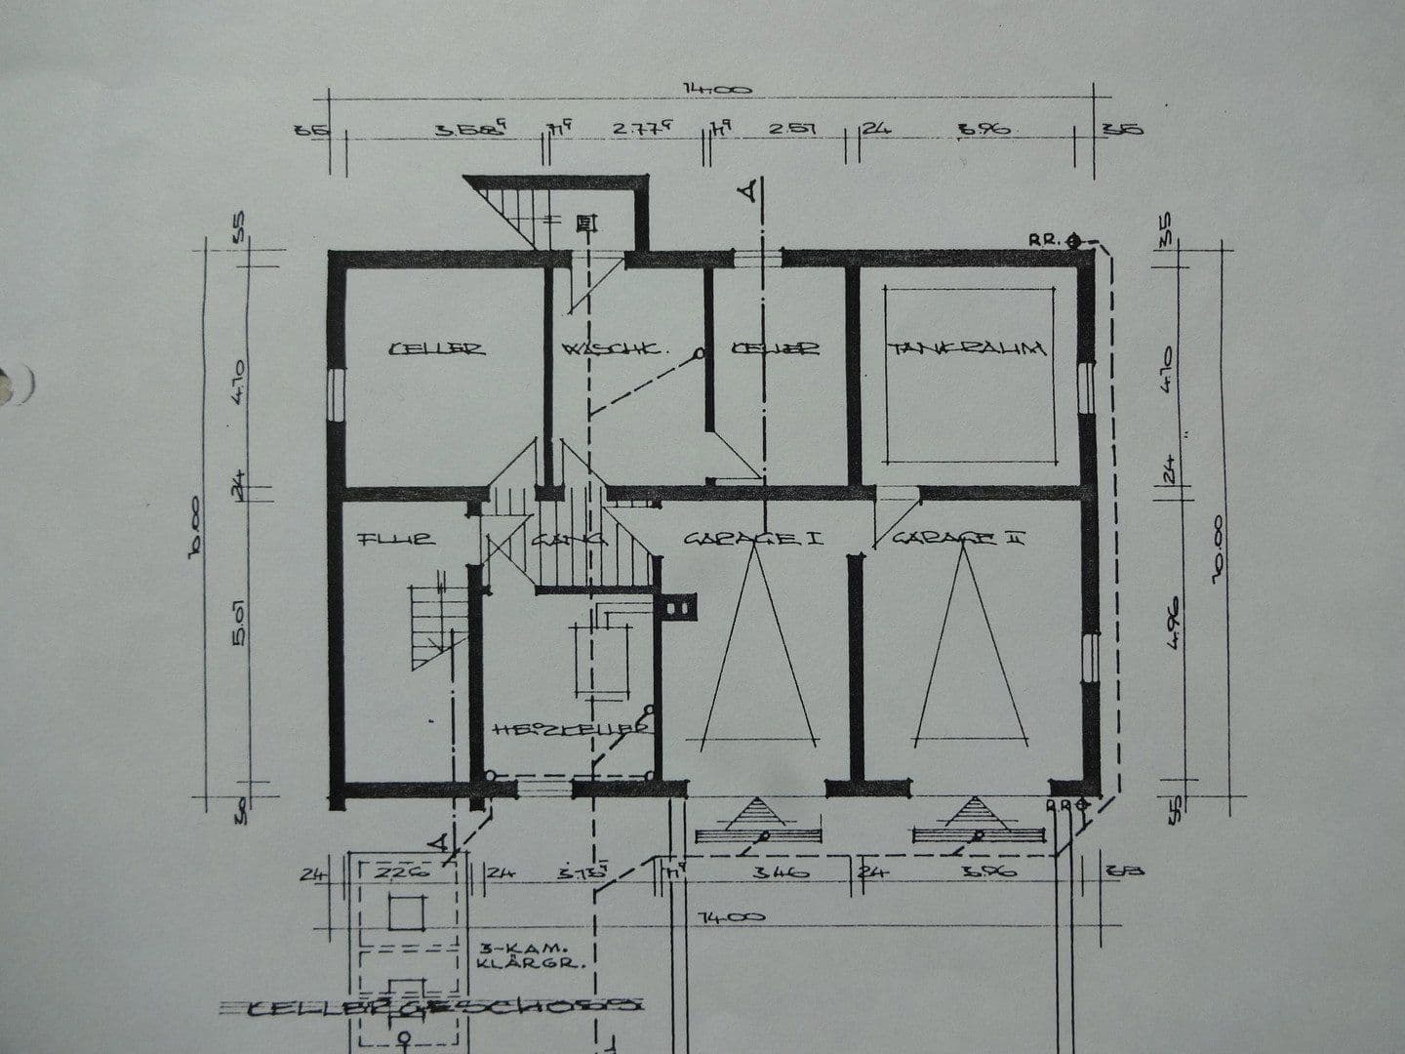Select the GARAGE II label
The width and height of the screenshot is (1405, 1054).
pos(957,537)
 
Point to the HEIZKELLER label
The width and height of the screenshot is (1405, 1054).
pos(571,729)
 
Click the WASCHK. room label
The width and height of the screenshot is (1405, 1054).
pos(614,348)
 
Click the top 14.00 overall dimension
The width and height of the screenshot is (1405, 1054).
pos(717,90)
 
